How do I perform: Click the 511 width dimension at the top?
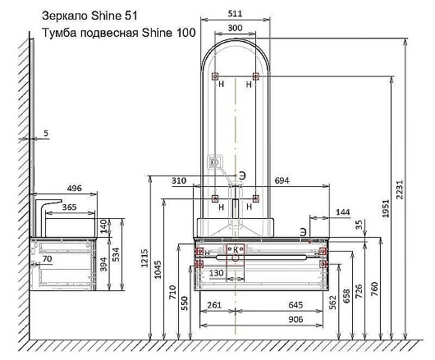235,14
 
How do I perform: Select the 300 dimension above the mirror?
235,28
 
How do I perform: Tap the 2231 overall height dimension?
400,189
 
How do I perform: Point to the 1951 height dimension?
386,208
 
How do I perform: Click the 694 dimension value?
282,180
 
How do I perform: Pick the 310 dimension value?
179,180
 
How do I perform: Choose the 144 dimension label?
343,212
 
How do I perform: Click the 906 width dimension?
295,320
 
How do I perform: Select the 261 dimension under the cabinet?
214,305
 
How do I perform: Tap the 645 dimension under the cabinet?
295,305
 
